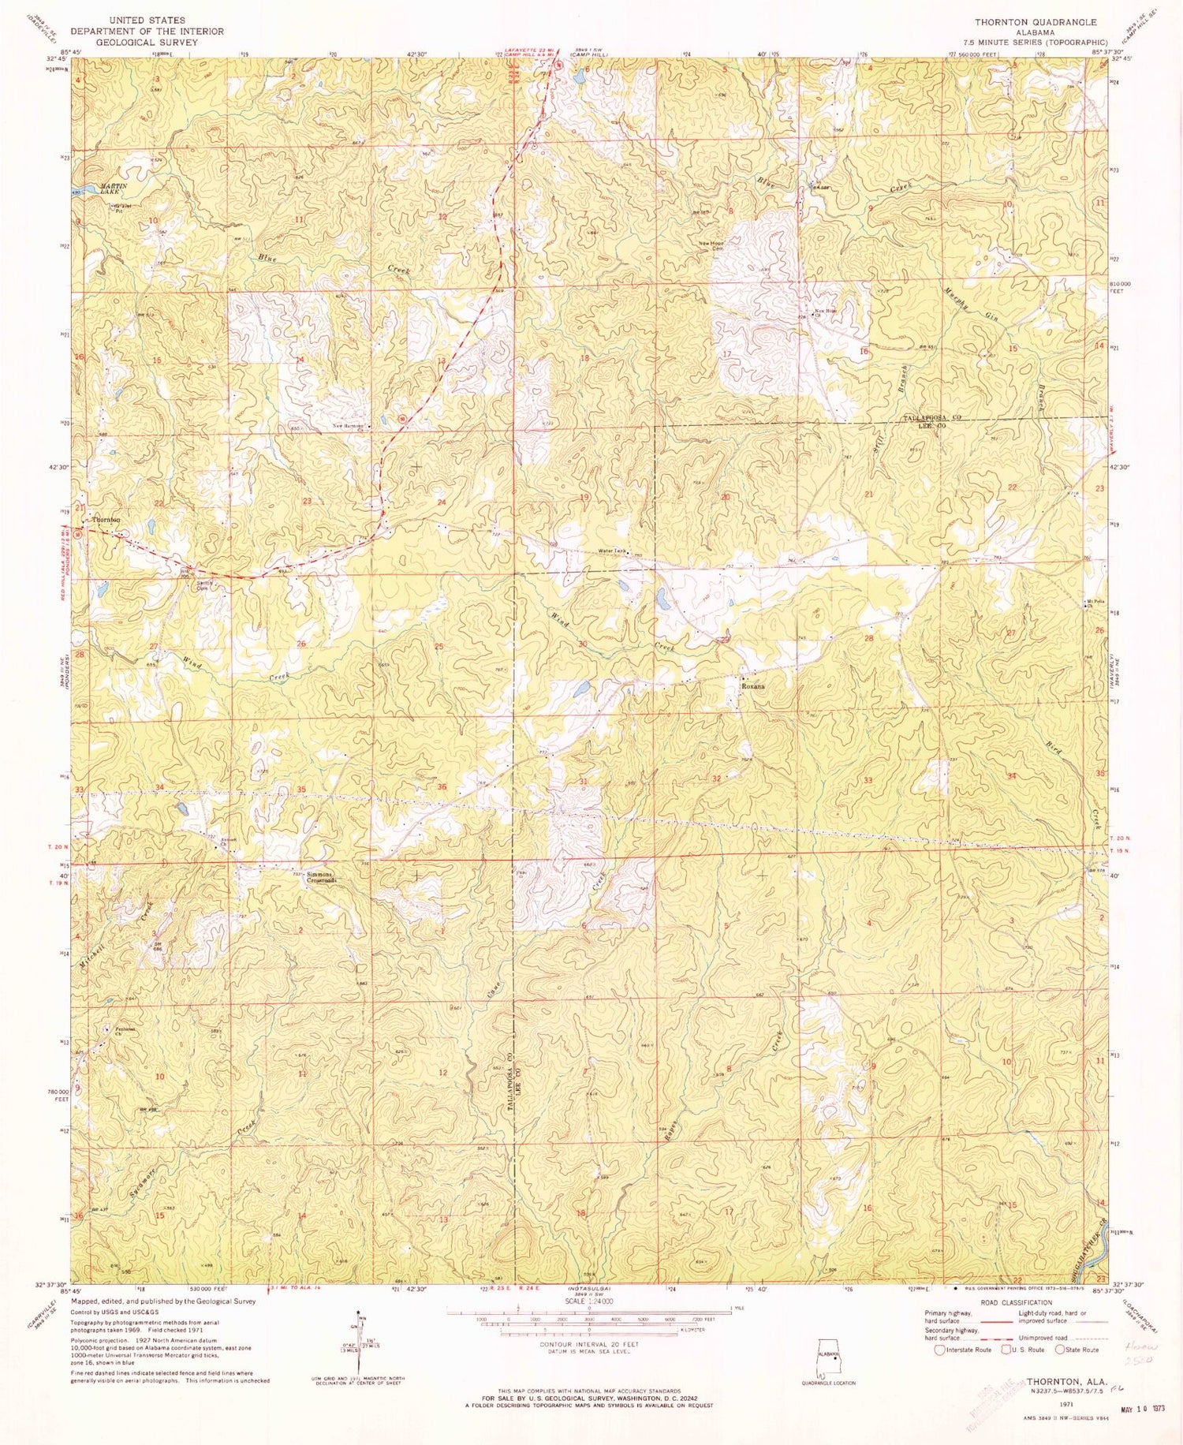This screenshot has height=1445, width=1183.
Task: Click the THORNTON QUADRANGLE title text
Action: (1035, 22)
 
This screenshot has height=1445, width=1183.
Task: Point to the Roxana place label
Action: (753, 686)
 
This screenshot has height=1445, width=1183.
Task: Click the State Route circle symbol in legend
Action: (1062, 1350)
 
